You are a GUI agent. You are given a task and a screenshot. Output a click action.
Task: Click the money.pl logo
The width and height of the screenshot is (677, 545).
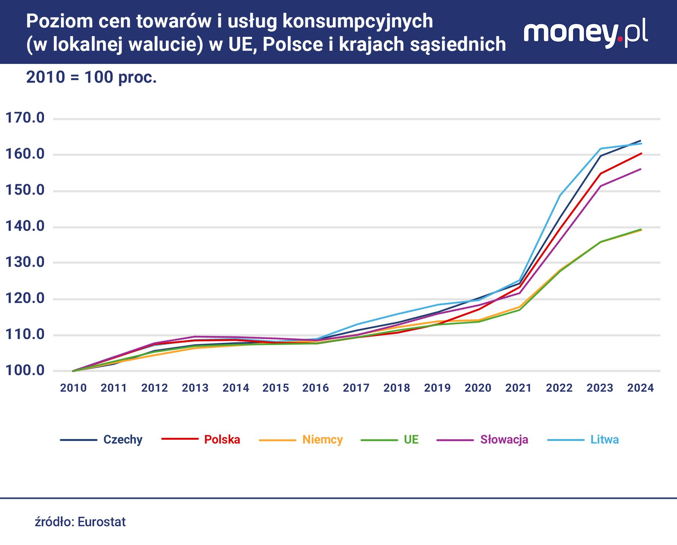pyautogui.click(x=585, y=34)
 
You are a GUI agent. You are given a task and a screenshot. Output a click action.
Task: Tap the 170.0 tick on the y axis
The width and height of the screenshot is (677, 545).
pyautogui.click(x=25, y=118)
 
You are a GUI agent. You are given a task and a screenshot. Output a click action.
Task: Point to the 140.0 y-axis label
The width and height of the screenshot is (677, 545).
pyautogui.click(x=25, y=226)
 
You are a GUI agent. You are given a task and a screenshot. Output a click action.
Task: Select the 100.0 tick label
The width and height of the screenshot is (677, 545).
pyautogui.click(x=25, y=371)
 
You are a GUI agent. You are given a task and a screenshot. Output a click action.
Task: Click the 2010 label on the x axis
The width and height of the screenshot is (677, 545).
pyautogui.click(x=73, y=388)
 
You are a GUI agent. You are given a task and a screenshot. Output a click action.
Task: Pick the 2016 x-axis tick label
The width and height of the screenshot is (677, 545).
pyautogui.click(x=315, y=388)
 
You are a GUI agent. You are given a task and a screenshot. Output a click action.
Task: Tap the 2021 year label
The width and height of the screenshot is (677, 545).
pyautogui.click(x=518, y=388)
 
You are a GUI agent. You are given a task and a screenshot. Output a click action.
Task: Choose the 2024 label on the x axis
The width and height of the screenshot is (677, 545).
pyautogui.click(x=640, y=388)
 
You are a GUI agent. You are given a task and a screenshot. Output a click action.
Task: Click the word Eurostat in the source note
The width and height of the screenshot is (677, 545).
pyautogui.click(x=101, y=522)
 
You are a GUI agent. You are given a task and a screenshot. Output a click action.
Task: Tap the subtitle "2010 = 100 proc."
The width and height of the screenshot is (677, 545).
pyautogui.click(x=91, y=78)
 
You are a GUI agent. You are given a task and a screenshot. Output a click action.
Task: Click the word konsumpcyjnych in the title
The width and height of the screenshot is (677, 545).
pyautogui.click(x=357, y=22)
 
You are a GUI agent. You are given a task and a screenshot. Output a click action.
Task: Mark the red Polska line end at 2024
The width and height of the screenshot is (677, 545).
pyautogui.click(x=641, y=153)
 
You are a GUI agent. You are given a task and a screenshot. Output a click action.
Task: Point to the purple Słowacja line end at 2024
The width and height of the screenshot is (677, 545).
pyautogui.click(x=641, y=169)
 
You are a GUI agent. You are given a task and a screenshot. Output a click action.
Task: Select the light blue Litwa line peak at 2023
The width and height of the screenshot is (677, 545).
pyautogui.click(x=601, y=149)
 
